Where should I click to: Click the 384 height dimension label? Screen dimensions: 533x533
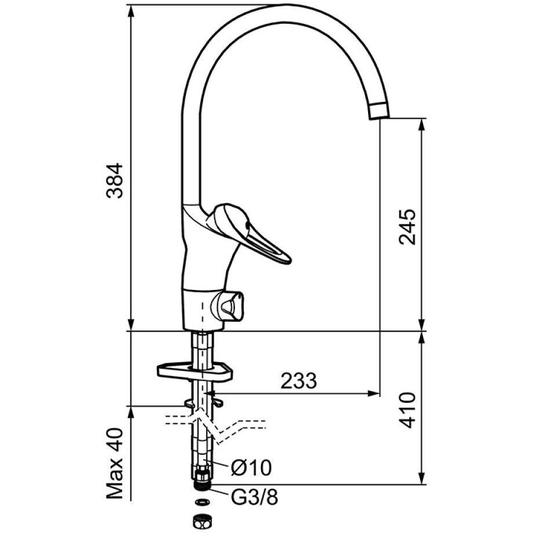point(115,181)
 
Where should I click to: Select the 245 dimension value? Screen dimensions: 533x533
point(407,227)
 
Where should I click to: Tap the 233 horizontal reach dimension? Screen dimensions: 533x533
point(299,381)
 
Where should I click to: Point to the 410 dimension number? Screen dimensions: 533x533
point(407,410)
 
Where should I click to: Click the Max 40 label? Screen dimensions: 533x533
point(115,464)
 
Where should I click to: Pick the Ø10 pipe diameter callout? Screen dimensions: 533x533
point(251,468)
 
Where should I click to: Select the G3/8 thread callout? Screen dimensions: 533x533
point(254,497)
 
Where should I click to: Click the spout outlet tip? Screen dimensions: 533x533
point(378,111)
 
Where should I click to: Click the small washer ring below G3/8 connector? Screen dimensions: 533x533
point(202,502)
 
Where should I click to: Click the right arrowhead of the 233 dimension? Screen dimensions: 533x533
point(374,394)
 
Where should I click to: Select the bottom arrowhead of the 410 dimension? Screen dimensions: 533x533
point(421,478)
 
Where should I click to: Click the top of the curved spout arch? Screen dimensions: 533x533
point(289,13)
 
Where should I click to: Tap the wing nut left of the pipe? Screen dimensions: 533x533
point(189,404)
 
